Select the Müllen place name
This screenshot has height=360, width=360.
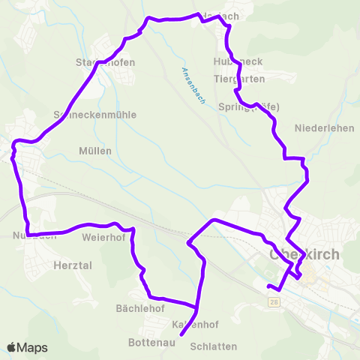tap(95, 151)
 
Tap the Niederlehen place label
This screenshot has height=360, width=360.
tap(325, 128)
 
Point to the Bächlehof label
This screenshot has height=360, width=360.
tap(140, 308)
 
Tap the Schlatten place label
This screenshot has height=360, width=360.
tap(214, 346)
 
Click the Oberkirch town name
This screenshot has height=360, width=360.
tap(304, 254)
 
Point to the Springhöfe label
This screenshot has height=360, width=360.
tap(249, 107)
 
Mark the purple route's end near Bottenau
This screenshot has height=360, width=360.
tap(181, 346)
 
